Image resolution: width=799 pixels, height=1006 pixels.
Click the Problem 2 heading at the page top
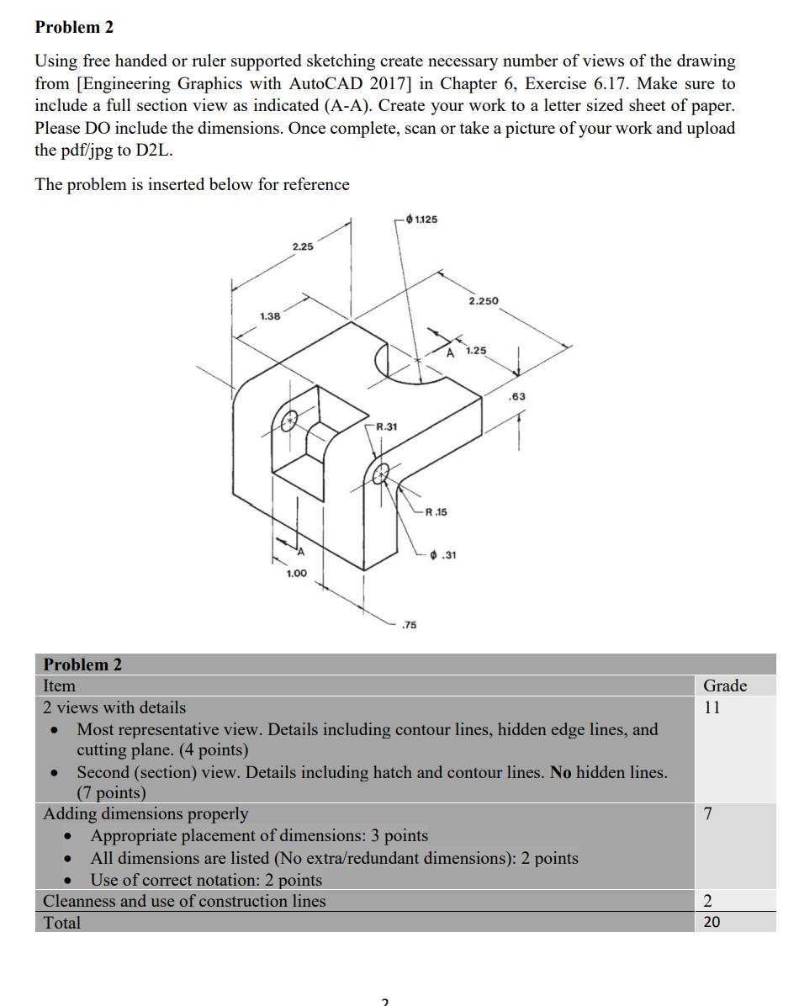pyautogui.click(x=74, y=27)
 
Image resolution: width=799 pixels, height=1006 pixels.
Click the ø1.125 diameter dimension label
pyautogui.click(x=421, y=220)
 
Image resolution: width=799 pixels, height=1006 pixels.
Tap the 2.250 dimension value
pyautogui.click(x=483, y=300)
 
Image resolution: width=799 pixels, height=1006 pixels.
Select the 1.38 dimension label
pyautogui.click(x=270, y=316)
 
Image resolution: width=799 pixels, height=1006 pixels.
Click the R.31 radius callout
pyautogui.click(x=386, y=426)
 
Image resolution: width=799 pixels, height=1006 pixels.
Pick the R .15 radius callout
pyautogui.click(x=437, y=511)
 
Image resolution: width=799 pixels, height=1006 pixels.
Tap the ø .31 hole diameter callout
pyautogui.click(x=442, y=554)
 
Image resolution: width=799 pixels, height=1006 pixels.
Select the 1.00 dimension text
pyautogui.click(x=296, y=573)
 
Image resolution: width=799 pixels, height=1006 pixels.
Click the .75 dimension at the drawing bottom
pyautogui.click(x=409, y=624)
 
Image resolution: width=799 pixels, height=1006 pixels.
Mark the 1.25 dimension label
pyautogui.click(x=475, y=350)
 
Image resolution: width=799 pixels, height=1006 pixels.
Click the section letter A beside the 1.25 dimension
pyautogui.click(x=451, y=352)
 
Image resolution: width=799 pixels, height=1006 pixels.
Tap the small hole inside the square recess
pyautogui.click(x=289, y=420)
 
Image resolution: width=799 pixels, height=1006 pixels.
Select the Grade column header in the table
pyautogui.click(x=724, y=686)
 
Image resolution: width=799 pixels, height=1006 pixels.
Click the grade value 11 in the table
pyautogui.click(x=712, y=707)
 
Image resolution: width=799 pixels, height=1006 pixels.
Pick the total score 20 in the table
pyautogui.click(x=712, y=922)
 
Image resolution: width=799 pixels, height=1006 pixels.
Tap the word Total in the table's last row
pyautogui.click(x=62, y=923)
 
